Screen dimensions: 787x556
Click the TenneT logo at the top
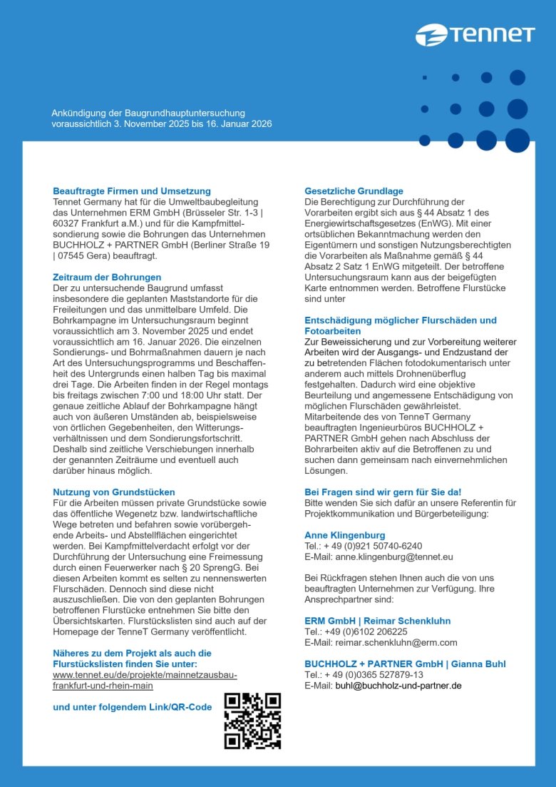(x=475, y=34)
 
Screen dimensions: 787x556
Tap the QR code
(x=252, y=721)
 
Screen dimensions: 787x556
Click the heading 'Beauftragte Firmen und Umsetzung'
(x=132, y=191)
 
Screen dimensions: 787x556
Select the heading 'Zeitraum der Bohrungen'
(x=107, y=277)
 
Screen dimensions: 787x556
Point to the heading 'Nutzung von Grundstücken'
(x=114, y=492)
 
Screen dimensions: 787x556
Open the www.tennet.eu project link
(x=145, y=680)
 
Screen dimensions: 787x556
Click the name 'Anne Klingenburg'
(x=344, y=535)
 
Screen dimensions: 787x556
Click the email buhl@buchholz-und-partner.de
(x=398, y=685)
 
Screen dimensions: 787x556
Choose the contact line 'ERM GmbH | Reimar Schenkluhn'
(x=377, y=621)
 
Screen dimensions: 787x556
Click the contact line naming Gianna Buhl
(x=405, y=664)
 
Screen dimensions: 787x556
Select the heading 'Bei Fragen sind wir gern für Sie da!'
(x=383, y=492)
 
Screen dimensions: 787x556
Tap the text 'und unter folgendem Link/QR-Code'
(x=133, y=707)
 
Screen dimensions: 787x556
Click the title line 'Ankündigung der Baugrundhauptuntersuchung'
(x=148, y=113)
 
